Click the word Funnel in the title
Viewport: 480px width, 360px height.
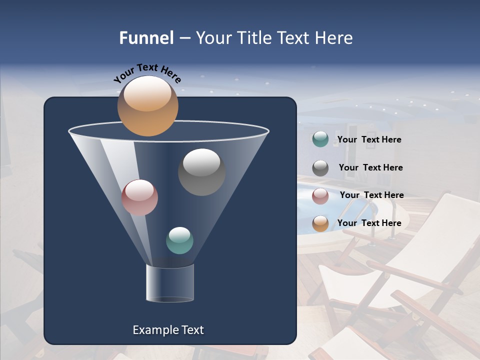pos(146,37)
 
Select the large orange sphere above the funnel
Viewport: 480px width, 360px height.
pos(147,106)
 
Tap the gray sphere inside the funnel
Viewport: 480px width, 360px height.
pos(201,172)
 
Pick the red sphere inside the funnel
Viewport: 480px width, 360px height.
pos(139,197)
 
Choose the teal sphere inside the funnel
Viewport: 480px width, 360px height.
pos(179,240)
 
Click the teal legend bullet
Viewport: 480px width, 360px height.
pos(320,139)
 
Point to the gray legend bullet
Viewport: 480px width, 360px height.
pos(320,168)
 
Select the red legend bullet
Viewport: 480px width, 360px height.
pos(320,196)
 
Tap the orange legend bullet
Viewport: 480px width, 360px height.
pos(320,223)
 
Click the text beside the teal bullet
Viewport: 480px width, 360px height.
pos(369,139)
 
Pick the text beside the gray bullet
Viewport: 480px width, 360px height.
pos(370,167)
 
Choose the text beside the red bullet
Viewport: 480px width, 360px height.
pos(371,195)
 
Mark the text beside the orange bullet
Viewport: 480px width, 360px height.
pos(369,223)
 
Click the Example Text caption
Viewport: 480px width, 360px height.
pos(168,330)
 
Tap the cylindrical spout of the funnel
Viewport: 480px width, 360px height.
pos(169,283)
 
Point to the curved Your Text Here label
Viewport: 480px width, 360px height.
pos(147,74)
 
